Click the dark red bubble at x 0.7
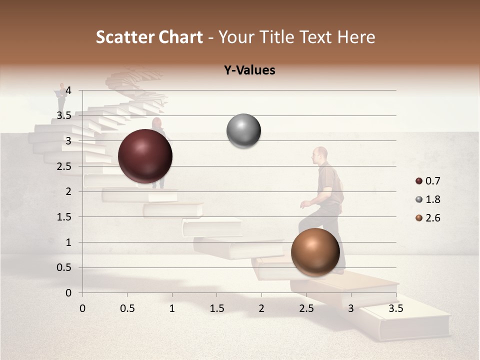pos(145,156)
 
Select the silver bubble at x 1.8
pos(243,131)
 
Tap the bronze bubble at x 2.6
pos(315,251)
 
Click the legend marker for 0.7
pos(419,181)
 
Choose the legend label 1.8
pos(432,199)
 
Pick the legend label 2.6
pos(432,218)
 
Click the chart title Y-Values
pos(249,70)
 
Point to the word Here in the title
pos(356,37)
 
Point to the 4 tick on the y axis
pos(68,90)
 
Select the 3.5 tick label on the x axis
pos(395,308)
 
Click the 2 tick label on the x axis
pos(261,308)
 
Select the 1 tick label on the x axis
pos(172,308)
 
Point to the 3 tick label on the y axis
pos(68,141)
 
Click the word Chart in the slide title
pos(181,37)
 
